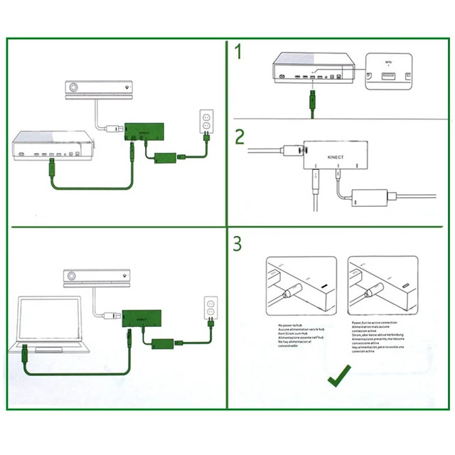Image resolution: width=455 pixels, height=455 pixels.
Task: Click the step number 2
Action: (240, 136)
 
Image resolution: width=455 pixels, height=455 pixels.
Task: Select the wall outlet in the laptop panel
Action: (209, 308)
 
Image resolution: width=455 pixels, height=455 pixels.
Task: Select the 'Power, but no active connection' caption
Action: (380, 333)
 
